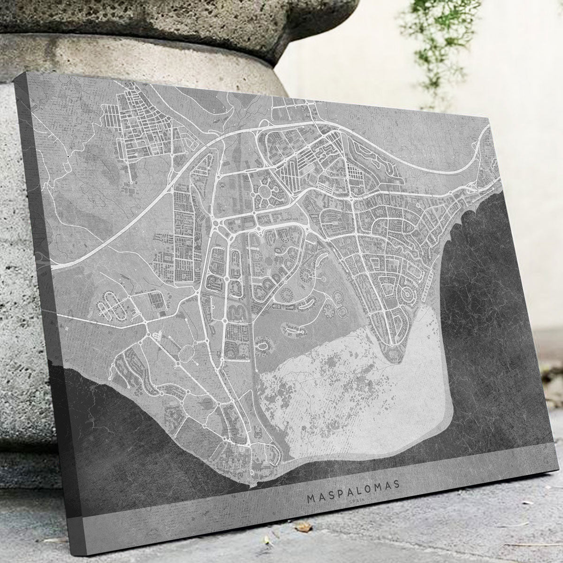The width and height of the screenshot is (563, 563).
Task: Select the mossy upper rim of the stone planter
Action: [x=141, y=19]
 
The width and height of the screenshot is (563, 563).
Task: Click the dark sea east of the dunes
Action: [x=497, y=328]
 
